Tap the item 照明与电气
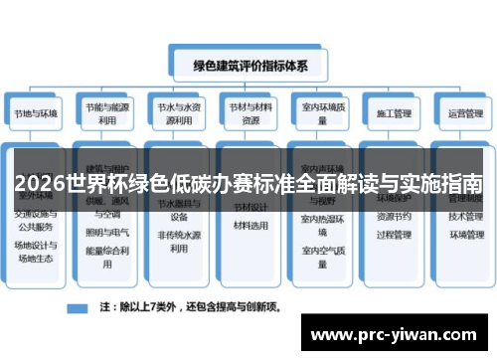tap(107, 231)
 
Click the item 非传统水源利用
tap(179, 242)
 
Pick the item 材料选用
tap(250, 225)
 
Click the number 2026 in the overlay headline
tap(37, 185)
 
